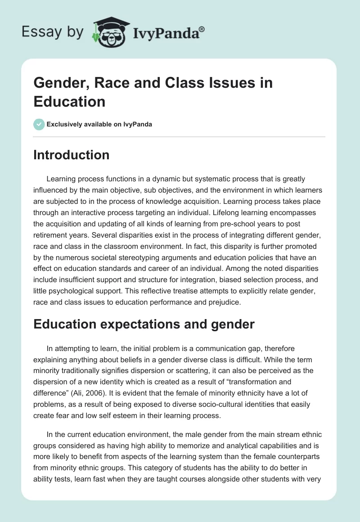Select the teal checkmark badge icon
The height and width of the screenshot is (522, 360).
pyautogui.click(x=39, y=124)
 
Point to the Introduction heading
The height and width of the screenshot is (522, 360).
pyautogui.click(x=72, y=155)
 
